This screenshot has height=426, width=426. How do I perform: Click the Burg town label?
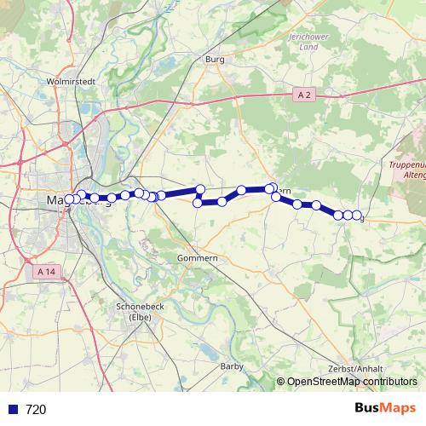(x=215, y=60)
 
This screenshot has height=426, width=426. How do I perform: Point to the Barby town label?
(x=232, y=366)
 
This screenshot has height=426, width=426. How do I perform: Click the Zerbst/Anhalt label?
(x=355, y=368)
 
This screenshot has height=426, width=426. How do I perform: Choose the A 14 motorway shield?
(x=51, y=271)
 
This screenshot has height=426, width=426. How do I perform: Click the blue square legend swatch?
(x=12, y=409)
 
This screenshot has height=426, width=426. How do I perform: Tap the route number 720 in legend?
(x=36, y=409)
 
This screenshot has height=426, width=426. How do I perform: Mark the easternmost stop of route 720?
(x=357, y=216)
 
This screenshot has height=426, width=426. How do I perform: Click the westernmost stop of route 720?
(x=69, y=199)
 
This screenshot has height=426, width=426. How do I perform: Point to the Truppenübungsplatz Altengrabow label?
(x=407, y=169)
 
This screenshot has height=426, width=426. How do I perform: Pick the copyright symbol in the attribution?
(x=280, y=383)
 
